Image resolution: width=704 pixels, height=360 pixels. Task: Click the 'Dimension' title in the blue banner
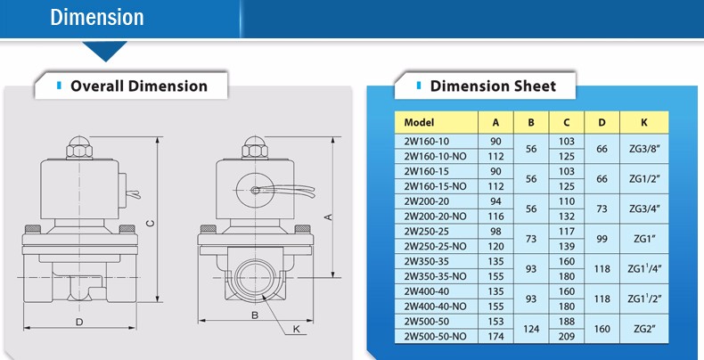click(97, 18)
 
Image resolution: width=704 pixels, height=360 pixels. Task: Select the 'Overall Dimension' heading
click(139, 86)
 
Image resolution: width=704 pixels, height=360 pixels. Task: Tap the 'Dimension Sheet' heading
click(493, 86)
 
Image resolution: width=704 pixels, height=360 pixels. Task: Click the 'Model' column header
click(419, 123)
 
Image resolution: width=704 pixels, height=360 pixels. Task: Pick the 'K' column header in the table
click(644, 123)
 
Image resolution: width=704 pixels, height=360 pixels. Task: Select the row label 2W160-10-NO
click(435, 156)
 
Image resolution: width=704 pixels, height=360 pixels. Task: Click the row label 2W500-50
click(427, 322)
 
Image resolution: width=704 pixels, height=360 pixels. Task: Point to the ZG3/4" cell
click(644, 209)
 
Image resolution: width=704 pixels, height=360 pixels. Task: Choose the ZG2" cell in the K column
click(644, 329)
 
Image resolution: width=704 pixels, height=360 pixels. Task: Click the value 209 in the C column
click(567, 336)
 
